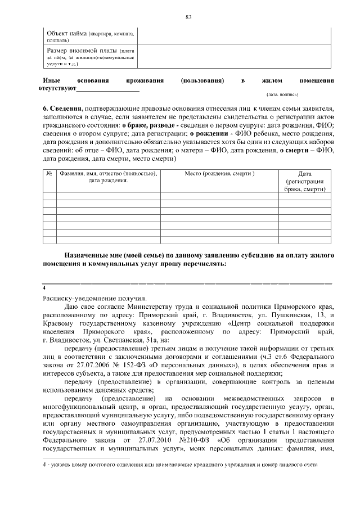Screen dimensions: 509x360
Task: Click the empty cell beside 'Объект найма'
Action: [x=236, y=37]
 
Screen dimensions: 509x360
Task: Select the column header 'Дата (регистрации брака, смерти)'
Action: [x=305, y=182]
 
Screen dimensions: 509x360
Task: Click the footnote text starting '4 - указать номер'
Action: [x=180, y=466]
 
